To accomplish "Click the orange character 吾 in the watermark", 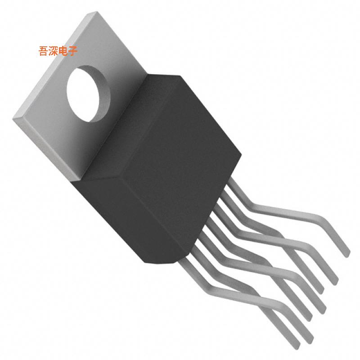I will (44, 51).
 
